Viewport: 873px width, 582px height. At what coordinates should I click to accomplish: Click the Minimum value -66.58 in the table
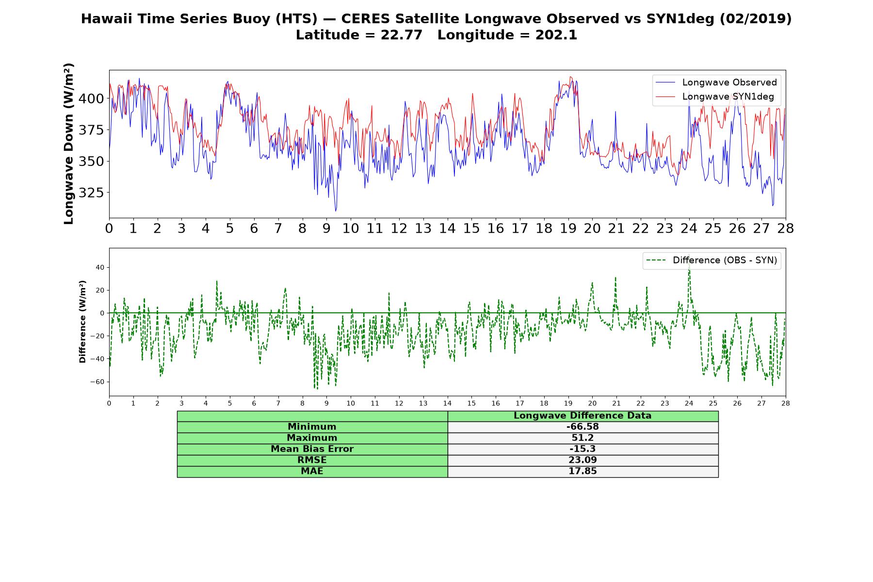coord(582,427)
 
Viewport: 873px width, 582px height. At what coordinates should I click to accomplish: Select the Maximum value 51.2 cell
coord(582,438)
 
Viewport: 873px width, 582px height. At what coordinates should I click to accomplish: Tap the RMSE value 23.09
coord(582,460)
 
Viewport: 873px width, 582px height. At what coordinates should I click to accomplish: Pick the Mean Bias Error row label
coord(312,449)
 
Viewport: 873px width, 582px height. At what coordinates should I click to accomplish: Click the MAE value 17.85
coord(582,471)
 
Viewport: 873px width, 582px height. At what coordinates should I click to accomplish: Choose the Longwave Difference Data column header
coord(582,416)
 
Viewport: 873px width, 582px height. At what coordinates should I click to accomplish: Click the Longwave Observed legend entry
coord(716,82)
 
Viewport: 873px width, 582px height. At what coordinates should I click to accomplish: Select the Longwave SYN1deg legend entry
coord(715,97)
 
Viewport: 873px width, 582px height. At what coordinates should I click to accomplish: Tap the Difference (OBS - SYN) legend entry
coord(712,260)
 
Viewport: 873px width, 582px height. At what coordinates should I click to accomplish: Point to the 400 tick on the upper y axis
coord(91,98)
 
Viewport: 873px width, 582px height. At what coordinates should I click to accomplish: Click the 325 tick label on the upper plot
coord(91,193)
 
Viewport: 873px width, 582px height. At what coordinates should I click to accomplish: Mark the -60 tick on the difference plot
coord(97,382)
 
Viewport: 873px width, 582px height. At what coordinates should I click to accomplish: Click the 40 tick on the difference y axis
coord(100,267)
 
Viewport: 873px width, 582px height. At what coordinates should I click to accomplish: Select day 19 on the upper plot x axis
coord(568,228)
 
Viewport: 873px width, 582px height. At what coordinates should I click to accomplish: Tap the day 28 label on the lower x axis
coord(786,404)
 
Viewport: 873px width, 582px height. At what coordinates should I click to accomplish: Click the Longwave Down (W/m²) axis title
coord(69,144)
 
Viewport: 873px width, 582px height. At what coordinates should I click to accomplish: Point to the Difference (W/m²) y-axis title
coord(82,322)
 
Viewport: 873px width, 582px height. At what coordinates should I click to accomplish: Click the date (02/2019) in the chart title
coord(756,19)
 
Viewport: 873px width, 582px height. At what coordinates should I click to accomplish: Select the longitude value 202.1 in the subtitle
coord(556,35)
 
